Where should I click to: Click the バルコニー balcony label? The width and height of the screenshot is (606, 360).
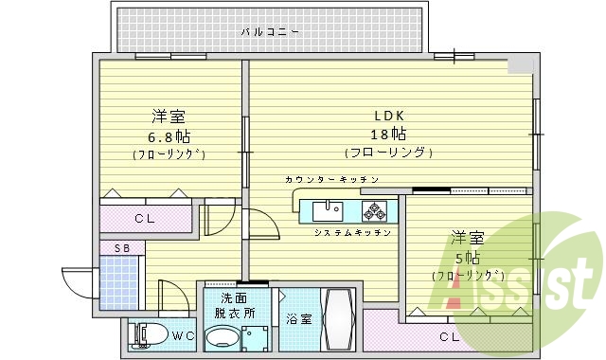(270, 31)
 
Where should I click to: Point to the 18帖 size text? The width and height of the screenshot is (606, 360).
(388, 134)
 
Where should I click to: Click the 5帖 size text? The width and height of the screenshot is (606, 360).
(466, 258)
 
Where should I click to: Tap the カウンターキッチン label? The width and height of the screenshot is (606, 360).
(331, 179)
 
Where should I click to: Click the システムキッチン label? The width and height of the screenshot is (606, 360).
(345, 232)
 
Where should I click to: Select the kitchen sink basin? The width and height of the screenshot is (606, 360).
(329, 208)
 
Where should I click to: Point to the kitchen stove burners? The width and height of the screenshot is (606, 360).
(375, 209)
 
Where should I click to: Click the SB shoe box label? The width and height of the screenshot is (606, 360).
(122, 247)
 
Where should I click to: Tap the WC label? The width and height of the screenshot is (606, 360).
(185, 334)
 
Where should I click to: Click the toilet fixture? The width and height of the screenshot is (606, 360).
(148, 334)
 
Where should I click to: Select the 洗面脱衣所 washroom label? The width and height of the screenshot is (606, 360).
(231, 304)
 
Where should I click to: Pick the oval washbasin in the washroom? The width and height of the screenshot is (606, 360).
(223, 336)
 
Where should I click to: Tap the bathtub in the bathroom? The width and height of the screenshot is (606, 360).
(338, 321)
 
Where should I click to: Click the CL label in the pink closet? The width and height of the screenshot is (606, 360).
(144, 220)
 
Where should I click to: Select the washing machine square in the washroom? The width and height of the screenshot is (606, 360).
(255, 336)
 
